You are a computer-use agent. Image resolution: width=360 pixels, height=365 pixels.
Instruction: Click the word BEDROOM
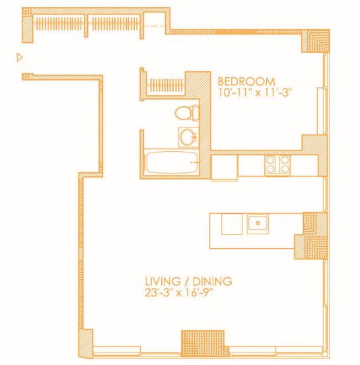[246, 81]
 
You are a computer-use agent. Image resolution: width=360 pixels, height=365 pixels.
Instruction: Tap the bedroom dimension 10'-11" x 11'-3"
[255, 92]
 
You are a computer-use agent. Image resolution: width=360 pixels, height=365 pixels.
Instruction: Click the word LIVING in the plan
[162, 281]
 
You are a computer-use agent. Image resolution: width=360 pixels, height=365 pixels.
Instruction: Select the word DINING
[212, 281]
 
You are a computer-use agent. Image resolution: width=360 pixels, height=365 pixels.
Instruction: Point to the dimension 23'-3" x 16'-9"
[179, 292]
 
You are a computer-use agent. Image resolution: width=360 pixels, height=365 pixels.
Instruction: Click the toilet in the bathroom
[187, 113]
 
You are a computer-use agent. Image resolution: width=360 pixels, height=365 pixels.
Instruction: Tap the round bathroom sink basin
[187, 137]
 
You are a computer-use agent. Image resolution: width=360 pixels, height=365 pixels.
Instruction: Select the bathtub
[171, 162]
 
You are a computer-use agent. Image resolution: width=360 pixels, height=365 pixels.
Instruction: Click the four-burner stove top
[277, 165]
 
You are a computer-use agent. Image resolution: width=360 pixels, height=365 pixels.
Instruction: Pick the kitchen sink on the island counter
[258, 224]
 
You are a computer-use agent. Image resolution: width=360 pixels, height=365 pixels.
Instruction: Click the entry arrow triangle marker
[20, 57]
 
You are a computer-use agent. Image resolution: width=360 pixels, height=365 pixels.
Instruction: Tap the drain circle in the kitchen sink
[258, 223]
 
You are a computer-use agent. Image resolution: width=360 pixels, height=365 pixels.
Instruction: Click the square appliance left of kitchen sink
[232, 224]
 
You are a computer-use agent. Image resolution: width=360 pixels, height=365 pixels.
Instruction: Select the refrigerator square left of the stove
[225, 167]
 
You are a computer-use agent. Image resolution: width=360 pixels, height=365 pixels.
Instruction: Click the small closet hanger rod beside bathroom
[166, 85]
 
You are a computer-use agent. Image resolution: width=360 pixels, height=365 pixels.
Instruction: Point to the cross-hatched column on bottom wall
[203, 343]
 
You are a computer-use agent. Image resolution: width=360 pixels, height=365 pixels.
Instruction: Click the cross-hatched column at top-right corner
[315, 41]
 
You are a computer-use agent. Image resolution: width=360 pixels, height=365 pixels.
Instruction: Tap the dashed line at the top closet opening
[155, 26]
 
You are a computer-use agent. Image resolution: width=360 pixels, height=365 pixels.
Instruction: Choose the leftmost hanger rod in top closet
[58, 23]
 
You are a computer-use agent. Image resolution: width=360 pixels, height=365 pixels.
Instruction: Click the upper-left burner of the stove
[271, 160]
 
